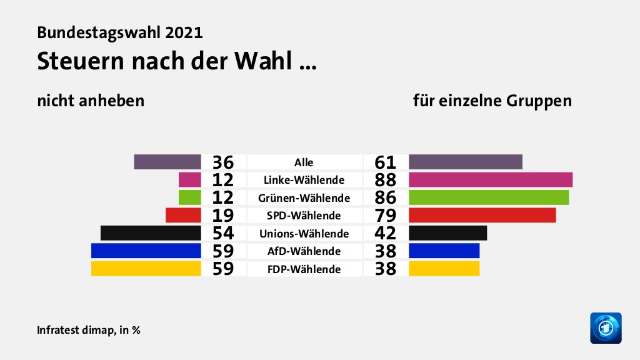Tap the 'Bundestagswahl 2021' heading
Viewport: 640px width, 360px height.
pyautogui.click(x=120, y=32)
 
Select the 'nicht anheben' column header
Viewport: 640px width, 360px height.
pyautogui.click(x=91, y=101)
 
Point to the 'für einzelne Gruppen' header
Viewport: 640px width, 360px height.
pyautogui.click(x=492, y=101)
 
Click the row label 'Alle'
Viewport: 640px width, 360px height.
pyautogui.click(x=304, y=162)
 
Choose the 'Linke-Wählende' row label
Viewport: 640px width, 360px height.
pyautogui.click(x=304, y=180)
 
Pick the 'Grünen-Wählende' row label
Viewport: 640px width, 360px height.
pyautogui.click(x=304, y=198)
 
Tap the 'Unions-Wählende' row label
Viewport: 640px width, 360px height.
pyautogui.click(x=304, y=234)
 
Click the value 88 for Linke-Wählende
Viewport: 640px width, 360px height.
pyautogui.click(x=386, y=180)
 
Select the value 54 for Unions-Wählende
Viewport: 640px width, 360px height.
pyautogui.click(x=222, y=234)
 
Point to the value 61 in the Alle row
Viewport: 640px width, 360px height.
pyautogui.click(x=386, y=162)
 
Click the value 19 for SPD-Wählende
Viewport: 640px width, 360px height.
pyautogui.click(x=222, y=216)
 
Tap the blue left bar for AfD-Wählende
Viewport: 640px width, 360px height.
pyautogui.click(x=146, y=251)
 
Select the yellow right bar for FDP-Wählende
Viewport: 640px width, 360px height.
pyautogui.click(x=444, y=269)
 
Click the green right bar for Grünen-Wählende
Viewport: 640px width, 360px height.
pyautogui.click(x=489, y=197)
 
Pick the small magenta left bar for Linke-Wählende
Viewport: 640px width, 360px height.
pyautogui.click(x=189, y=180)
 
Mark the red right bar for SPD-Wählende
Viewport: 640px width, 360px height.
pyautogui.click(x=482, y=215)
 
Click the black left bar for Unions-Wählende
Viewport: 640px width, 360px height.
pyautogui.click(x=151, y=233)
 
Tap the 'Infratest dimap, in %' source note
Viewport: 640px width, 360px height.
pyautogui.click(x=88, y=330)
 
